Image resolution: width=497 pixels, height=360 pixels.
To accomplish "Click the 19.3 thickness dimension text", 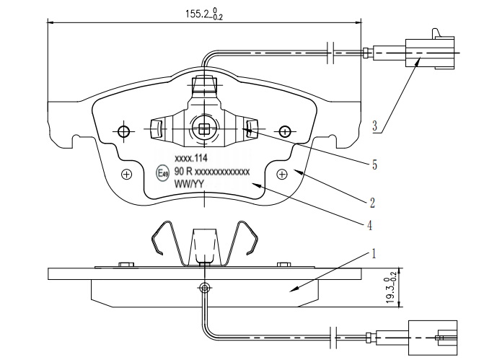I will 390,288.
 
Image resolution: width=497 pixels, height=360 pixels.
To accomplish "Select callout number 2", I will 373,202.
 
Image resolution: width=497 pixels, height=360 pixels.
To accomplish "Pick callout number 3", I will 376,127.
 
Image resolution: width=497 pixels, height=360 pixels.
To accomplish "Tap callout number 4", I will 370,225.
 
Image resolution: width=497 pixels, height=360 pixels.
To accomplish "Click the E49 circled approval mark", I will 162,172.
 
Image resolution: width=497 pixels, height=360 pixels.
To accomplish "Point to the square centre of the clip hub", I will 204,130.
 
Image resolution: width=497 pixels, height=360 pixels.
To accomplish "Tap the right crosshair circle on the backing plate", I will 285,131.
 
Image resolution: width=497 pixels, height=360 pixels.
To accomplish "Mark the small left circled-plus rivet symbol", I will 127,174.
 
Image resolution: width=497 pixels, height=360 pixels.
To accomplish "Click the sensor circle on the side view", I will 204,287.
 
